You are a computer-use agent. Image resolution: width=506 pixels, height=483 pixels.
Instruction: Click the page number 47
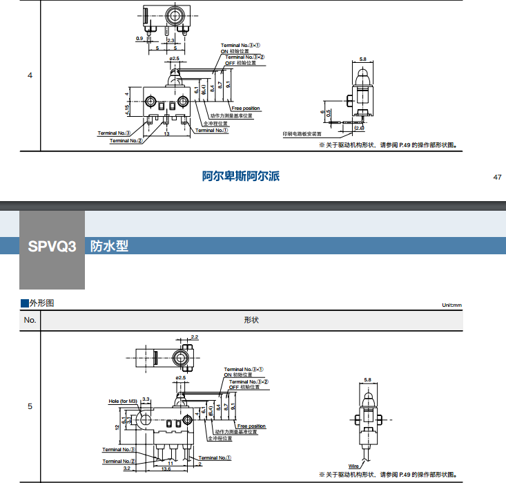pyautogui.click(x=497, y=178)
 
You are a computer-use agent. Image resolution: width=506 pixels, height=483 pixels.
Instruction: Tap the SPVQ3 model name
pyautogui.click(x=52, y=246)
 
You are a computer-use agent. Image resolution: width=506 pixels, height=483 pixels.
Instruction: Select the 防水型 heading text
pyautogui.click(x=109, y=246)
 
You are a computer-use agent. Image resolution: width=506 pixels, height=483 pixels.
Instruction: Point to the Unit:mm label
pyautogui.click(x=451, y=305)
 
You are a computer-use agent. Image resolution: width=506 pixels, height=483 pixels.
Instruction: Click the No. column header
pyautogui.click(x=30, y=320)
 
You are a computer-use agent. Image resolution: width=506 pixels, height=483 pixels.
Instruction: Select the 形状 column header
pyautogui.click(x=251, y=320)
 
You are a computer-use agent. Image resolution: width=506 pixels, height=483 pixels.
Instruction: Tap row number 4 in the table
pyautogui.click(x=30, y=75)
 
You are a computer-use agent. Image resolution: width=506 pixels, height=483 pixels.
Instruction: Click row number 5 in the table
pyautogui.click(x=30, y=406)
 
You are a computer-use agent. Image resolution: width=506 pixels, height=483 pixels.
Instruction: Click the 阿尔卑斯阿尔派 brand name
pyautogui.click(x=241, y=177)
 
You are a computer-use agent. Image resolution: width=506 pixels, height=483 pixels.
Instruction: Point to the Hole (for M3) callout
pyautogui.click(x=124, y=401)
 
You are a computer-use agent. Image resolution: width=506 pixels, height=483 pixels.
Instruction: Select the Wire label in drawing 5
pyautogui.click(x=353, y=466)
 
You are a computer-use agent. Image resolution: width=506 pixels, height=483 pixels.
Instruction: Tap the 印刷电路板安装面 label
pyautogui.click(x=302, y=134)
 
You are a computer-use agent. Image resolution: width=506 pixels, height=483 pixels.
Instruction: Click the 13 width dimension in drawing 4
pyautogui.click(x=167, y=133)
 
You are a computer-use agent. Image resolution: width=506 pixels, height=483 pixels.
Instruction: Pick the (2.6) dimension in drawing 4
pyautogui.click(x=359, y=129)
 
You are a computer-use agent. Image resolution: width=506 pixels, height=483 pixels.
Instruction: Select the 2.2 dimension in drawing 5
pyautogui.click(x=194, y=337)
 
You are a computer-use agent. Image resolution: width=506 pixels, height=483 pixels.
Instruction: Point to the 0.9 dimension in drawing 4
pyautogui.click(x=139, y=39)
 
